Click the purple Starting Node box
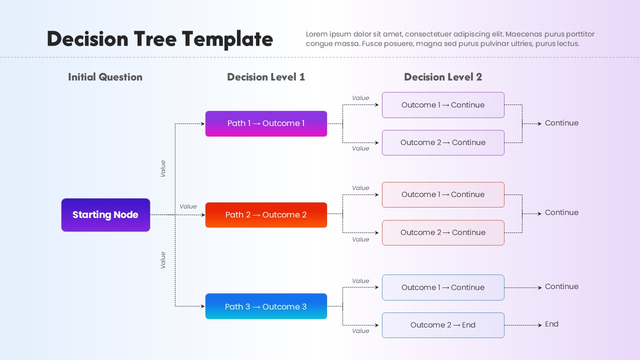(105, 215)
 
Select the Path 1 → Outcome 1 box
(266, 123)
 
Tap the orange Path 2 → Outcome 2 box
(266, 215)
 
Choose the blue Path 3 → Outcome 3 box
(266, 306)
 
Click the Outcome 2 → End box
(443, 325)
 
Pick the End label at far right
(551, 324)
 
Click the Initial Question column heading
(105, 77)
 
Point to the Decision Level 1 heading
(265, 77)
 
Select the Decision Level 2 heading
(443, 77)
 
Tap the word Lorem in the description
(316, 34)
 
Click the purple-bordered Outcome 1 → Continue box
(443, 105)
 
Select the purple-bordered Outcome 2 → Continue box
(443, 142)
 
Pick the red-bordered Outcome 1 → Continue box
(443, 194)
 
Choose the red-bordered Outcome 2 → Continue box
(443, 232)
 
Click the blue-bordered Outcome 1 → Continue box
(443, 287)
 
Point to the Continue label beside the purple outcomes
(561, 123)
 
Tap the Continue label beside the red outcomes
(561, 212)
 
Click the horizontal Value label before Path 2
(188, 206)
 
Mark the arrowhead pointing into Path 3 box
(203, 306)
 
